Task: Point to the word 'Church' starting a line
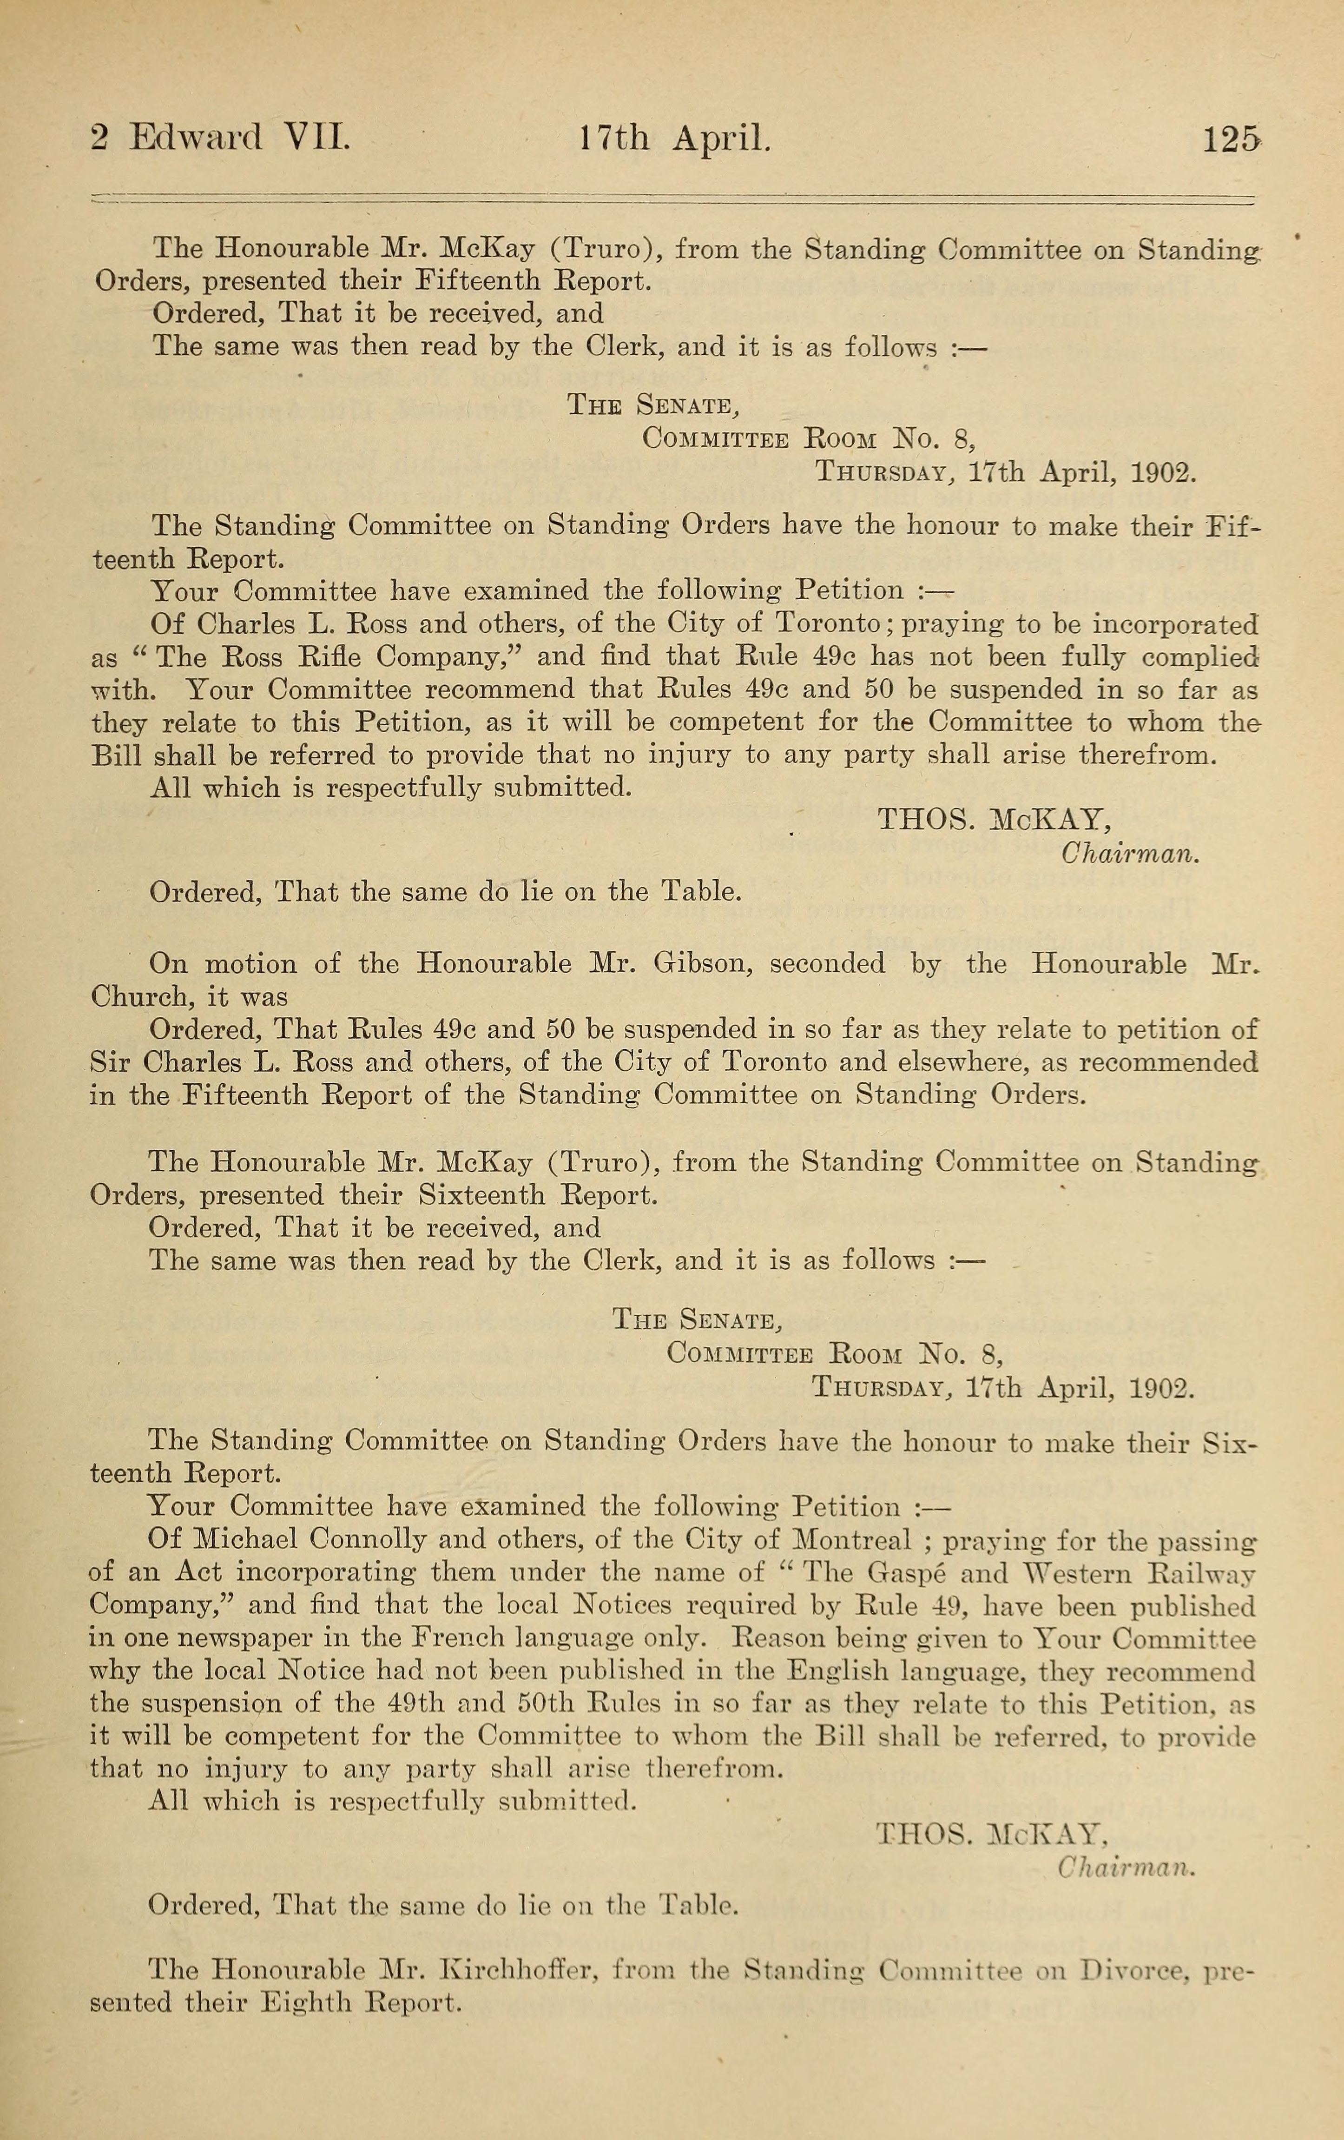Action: (x=140, y=997)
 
